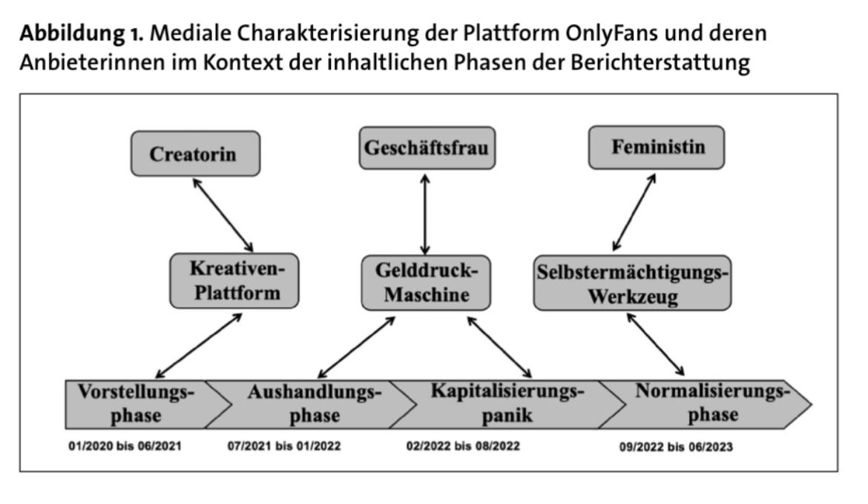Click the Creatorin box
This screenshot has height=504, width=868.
point(193,154)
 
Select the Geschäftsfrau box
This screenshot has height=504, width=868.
point(427,148)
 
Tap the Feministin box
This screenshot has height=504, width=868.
point(657,147)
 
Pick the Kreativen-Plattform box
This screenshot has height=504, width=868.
point(234,281)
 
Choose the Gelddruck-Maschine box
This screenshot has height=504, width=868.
point(427,283)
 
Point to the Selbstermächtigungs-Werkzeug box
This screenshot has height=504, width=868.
point(632,283)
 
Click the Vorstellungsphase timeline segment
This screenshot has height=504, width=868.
point(137,404)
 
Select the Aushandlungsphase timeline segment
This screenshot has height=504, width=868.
point(312,404)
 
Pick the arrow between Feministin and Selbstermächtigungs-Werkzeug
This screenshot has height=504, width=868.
point(634,212)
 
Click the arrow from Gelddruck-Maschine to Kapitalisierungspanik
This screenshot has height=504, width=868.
point(499,345)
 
